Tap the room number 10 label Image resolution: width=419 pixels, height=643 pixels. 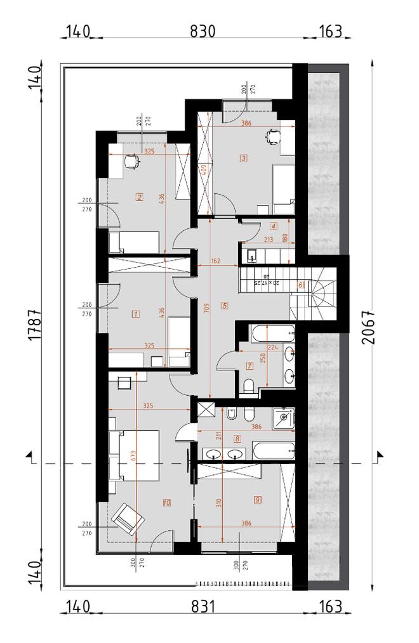click(x=166, y=503)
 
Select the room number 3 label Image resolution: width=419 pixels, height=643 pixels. click(x=243, y=157)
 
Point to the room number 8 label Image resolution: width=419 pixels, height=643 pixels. click(x=237, y=438)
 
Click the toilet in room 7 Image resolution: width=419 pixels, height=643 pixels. click(x=249, y=386)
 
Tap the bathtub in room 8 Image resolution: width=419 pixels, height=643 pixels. click(x=274, y=452)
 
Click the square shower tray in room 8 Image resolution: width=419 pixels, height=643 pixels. click(x=283, y=417)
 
